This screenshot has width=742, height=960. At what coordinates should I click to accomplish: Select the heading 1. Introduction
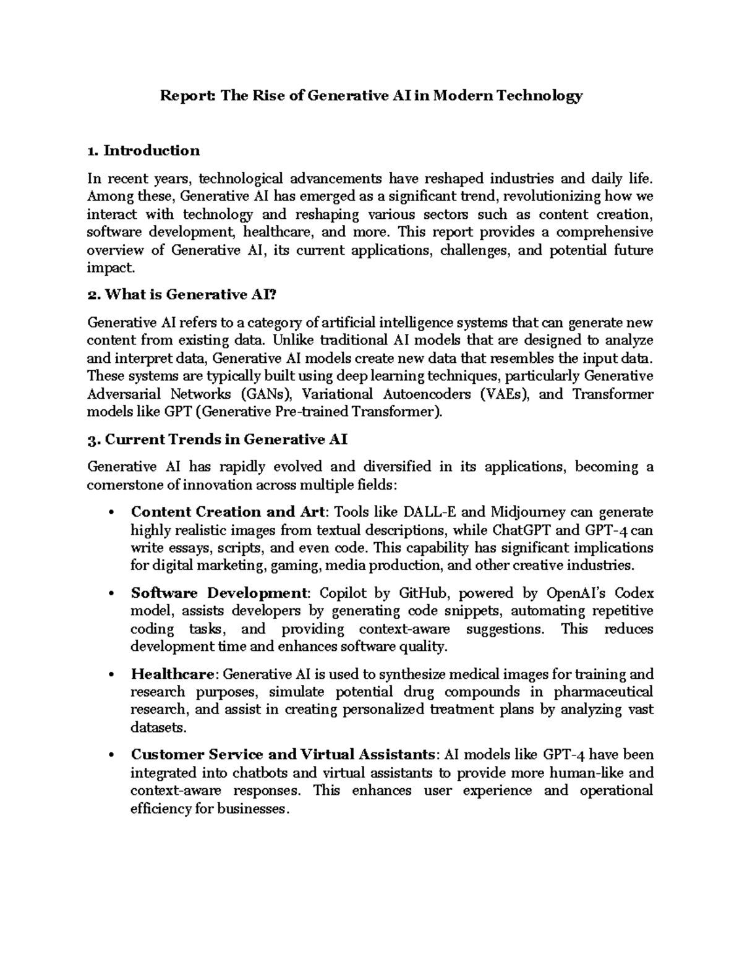[143, 151]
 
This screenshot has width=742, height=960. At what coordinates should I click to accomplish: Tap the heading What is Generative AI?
[182, 295]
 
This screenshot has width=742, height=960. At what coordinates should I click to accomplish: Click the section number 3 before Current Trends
[93, 440]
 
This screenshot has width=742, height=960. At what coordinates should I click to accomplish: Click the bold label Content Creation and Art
[228, 512]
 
